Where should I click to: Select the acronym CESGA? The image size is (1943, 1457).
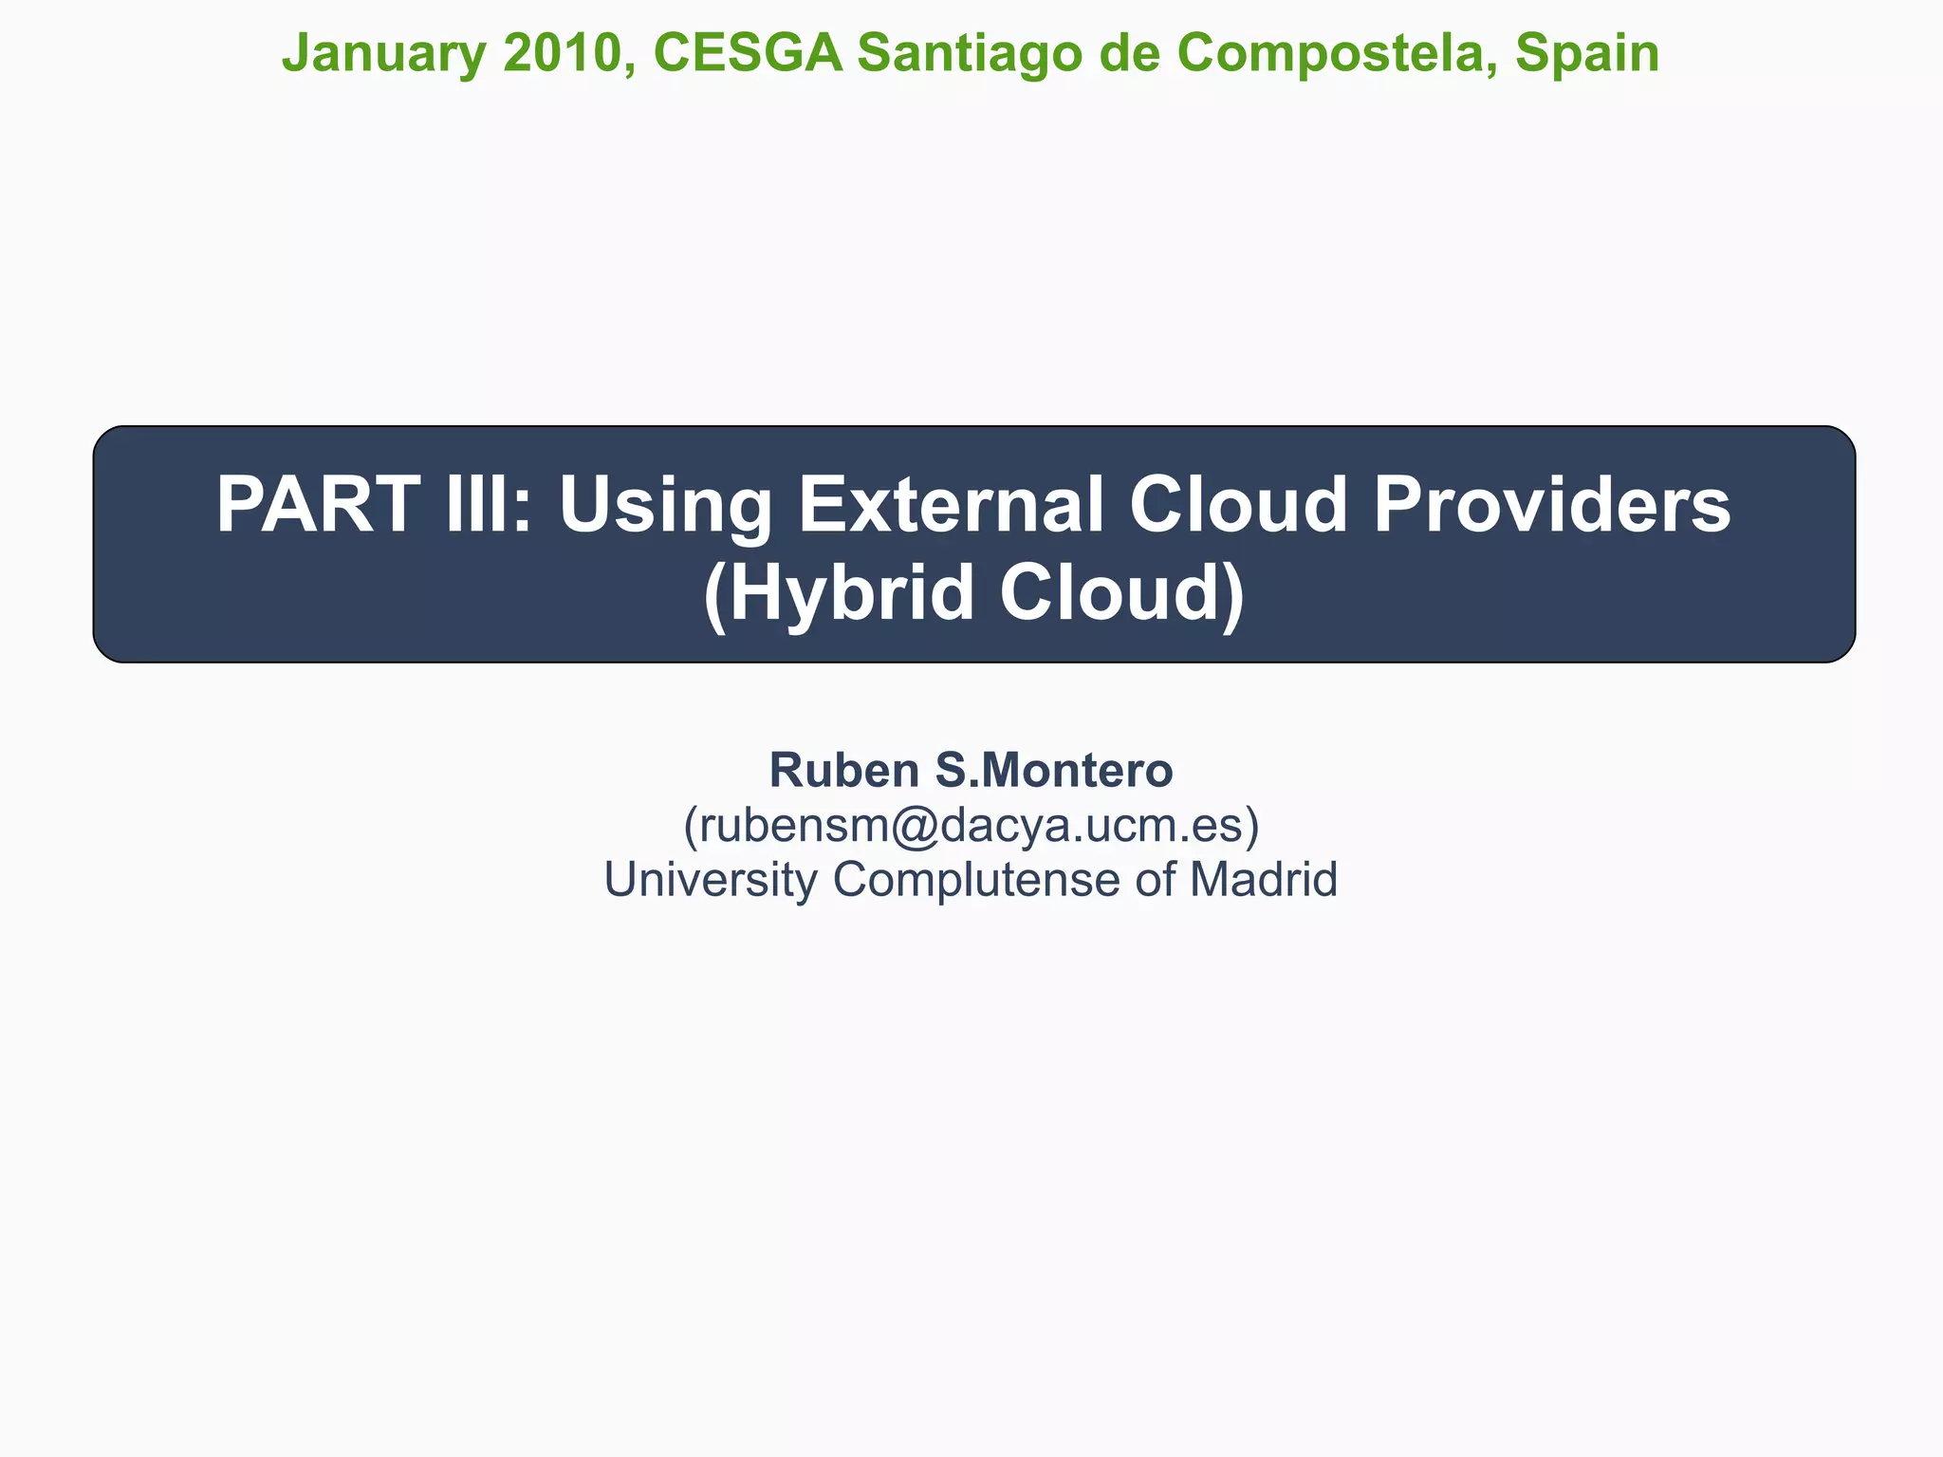coord(748,53)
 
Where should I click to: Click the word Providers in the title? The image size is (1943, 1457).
coord(1551,505)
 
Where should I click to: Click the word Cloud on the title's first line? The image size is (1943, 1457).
coord(1238,505)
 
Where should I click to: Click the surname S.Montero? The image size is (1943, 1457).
coord(1054,770)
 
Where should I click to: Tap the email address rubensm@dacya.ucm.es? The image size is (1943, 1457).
coord(971,825)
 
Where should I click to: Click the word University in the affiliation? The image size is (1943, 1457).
coord(710,880)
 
